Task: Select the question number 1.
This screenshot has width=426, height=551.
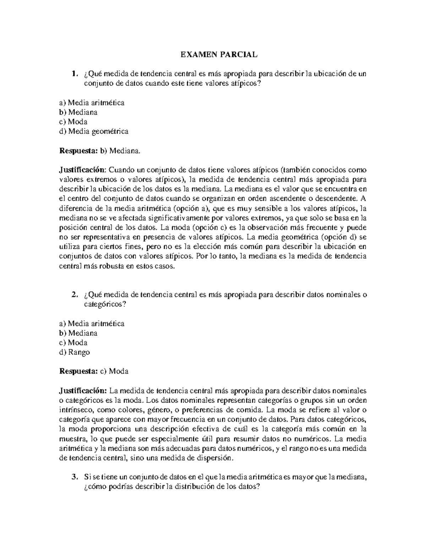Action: [x=74, y=74]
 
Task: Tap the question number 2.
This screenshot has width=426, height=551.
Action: [x=74, y=295]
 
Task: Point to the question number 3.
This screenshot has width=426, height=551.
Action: [x=74, y=477]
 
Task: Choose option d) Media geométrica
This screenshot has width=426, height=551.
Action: [x=94, y=131]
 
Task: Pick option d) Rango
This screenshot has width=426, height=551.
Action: [x=75, y=352]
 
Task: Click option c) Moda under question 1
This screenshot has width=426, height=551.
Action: [x=73, y=122]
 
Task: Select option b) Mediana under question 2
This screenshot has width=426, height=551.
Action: [x=78, y=333]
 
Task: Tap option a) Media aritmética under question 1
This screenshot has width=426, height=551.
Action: [x=92, y=103]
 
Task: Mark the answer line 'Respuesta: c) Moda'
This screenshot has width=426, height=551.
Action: [x=94, y=371]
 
